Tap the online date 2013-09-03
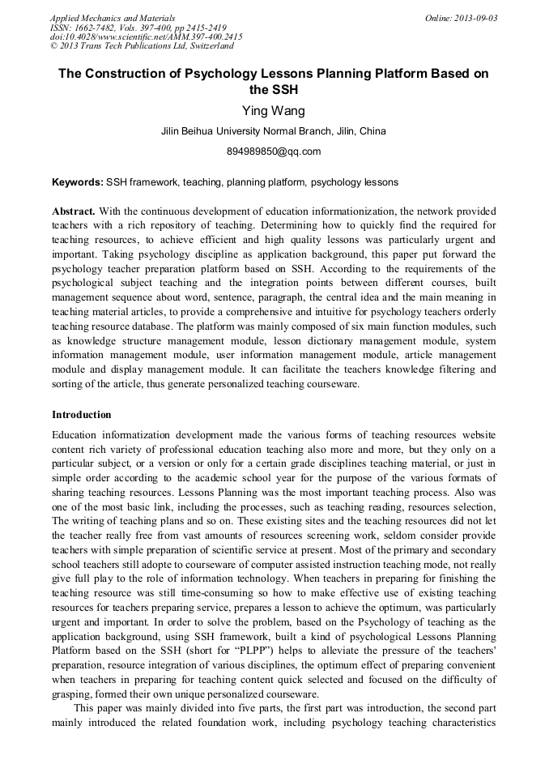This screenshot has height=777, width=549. pos(472,18)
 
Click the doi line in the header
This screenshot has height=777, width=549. pos(146,36)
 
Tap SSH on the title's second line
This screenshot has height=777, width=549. pos(286,90)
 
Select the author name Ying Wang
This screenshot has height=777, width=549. pos(274,111)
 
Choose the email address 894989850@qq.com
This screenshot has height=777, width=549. pos(274,152)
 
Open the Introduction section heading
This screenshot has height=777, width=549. pos(82,415)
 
